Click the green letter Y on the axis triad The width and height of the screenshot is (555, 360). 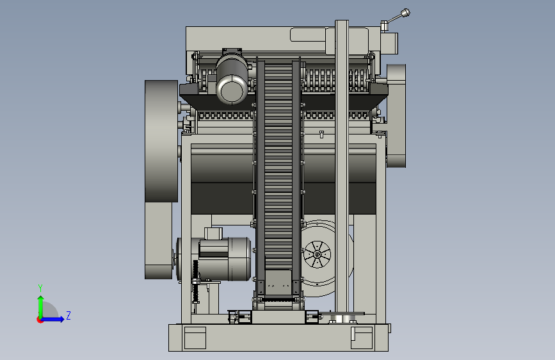click(x=40, y=288)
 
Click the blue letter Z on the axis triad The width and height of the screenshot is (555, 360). click(x=68, y=315)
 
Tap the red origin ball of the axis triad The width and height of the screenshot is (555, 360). click(x=40, y=320)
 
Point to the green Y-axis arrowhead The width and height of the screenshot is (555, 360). click(x=41, y=299)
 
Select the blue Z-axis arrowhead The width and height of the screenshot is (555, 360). click(x=61, y=319)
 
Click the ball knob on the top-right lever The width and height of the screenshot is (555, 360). click(x=406, y=13)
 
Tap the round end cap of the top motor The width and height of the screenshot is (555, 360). click(x=232, y=89)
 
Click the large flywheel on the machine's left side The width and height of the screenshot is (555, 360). click(x=161, y=141)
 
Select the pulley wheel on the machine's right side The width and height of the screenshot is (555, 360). click(x=396, y=115)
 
